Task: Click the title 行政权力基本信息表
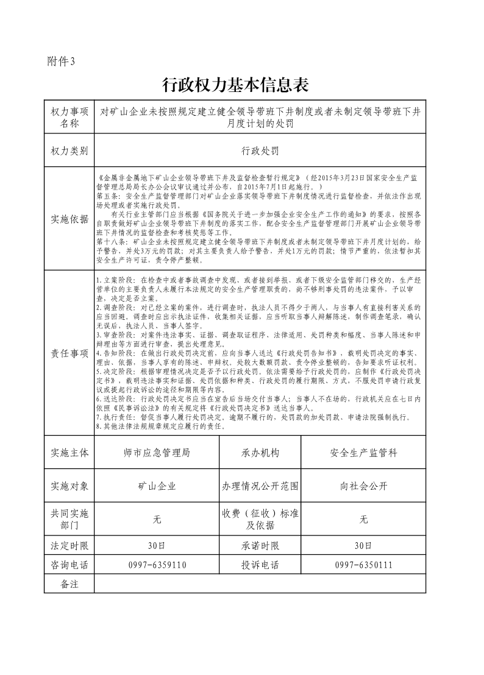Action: (241, 84)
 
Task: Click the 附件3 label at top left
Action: (60, 61)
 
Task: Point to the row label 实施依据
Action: (69, 219)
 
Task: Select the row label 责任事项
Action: (69, 353)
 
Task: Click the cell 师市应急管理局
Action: (157, 453)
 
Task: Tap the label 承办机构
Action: (260, 453)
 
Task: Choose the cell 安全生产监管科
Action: (364, 453)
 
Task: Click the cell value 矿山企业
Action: (157, 486)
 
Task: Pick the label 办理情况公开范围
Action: (260, 486)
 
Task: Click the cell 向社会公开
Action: (364, 486)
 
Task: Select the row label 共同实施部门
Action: (69, 519)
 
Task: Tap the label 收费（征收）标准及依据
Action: (260, 519)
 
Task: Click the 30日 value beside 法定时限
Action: (157, 545)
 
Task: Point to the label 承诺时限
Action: (260, 545)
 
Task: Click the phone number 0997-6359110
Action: (157, 565)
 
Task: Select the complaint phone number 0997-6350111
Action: (364, 565)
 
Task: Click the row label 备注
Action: (69, 584)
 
